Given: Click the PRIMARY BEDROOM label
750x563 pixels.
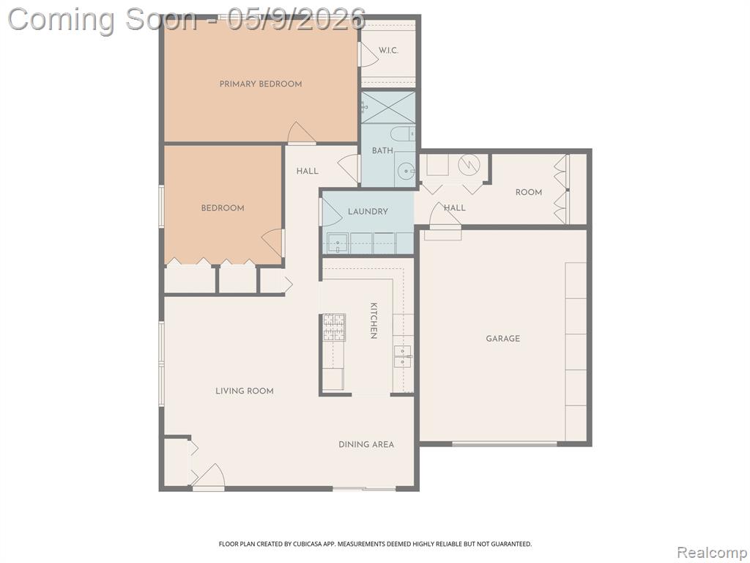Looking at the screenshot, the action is [261, 84].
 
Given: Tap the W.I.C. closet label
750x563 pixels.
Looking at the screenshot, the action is [388, 51].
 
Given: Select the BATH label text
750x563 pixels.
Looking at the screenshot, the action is [382, 150].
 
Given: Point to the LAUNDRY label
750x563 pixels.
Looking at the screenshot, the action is [368, 211].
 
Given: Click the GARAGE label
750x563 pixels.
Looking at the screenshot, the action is [502, 339].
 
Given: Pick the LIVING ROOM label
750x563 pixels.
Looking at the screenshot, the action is [245, 391].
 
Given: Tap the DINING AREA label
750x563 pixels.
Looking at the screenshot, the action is [366, 444].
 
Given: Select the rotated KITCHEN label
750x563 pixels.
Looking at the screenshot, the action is [374, 320].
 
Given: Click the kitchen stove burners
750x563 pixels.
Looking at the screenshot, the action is [334, 328].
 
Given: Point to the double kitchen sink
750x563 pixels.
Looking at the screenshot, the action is [403, 356].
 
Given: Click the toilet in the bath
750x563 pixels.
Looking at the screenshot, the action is [403, 134].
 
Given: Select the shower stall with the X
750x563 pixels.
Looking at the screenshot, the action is [388, 107].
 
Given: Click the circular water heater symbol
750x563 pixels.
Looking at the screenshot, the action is [469, 165].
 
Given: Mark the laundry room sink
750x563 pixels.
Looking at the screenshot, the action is [337, 243].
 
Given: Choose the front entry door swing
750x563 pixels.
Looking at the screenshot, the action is [209, 476].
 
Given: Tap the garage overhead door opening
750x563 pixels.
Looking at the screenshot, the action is [505, 444].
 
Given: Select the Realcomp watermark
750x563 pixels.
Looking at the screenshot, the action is [711, 553].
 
